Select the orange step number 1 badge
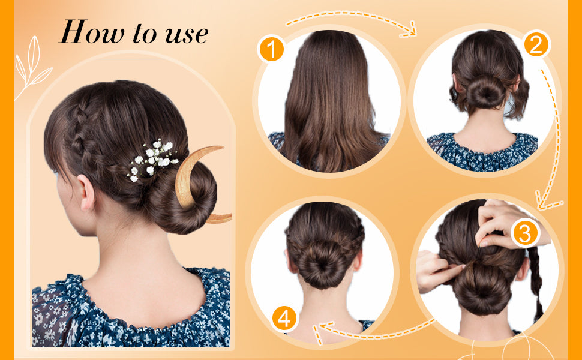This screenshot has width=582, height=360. pyautogui.click(x=271, y=49)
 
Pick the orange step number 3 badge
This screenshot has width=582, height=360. pyautogui.click(x=524, y=234)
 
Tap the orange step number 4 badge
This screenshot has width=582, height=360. pyautogui.click(x=284, y=319)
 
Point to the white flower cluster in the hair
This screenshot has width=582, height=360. pyautogui.click(x=152, y=160)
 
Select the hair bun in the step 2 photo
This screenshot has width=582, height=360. pyautogui.click(x=486, y=91)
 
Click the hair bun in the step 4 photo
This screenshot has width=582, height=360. pyautogui.click(x=320, y=264)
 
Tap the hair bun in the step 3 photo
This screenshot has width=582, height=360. pyautogui.click(x=482, y=286)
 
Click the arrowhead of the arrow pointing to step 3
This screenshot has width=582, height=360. pyautogui.click(x=545, y=202)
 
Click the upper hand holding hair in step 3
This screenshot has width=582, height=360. pyautogui.click(x=505, y=223)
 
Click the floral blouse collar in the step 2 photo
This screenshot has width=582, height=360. pyautogui.click(x=482, y=152)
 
